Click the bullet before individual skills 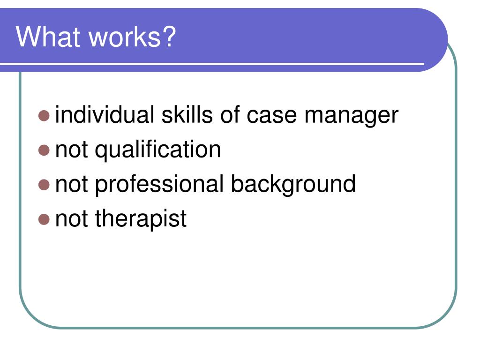44,116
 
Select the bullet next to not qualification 44,150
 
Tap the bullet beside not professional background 44,185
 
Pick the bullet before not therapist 44,219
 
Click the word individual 105,115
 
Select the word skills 187,115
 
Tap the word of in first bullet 229,115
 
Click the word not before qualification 72,150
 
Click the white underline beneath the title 212,64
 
